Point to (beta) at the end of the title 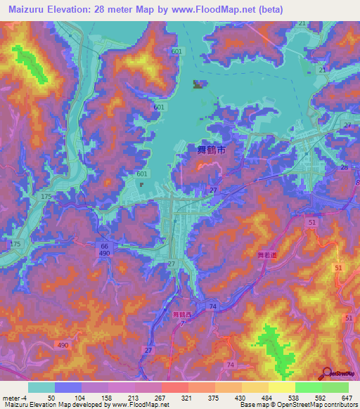click(266, 9)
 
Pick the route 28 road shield click(345, 168)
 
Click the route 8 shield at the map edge click(356, 183)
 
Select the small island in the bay click(199, 85)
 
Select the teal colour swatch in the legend click(41, 387)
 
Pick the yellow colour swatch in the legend click(281, 387)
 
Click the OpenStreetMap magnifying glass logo click(326, 373)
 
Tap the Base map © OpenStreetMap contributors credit click(299, 404)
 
